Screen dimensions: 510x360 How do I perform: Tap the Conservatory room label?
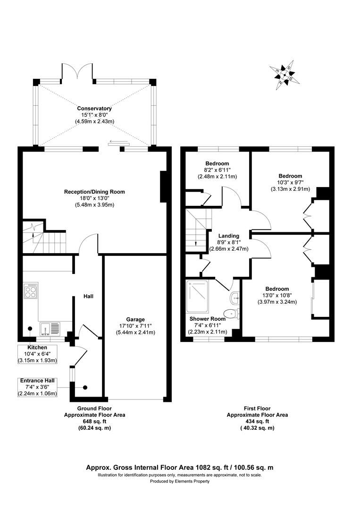94,109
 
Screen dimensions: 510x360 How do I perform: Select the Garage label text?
135,319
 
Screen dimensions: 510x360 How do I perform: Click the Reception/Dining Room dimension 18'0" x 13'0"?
94,198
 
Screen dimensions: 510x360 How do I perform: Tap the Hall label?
88,297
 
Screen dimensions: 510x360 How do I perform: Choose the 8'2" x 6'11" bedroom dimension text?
217,170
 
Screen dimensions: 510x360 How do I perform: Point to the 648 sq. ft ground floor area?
94,422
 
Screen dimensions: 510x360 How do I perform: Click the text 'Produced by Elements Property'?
180,481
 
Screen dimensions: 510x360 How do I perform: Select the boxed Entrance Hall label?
37,380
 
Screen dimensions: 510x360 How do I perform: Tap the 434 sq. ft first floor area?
257,421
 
